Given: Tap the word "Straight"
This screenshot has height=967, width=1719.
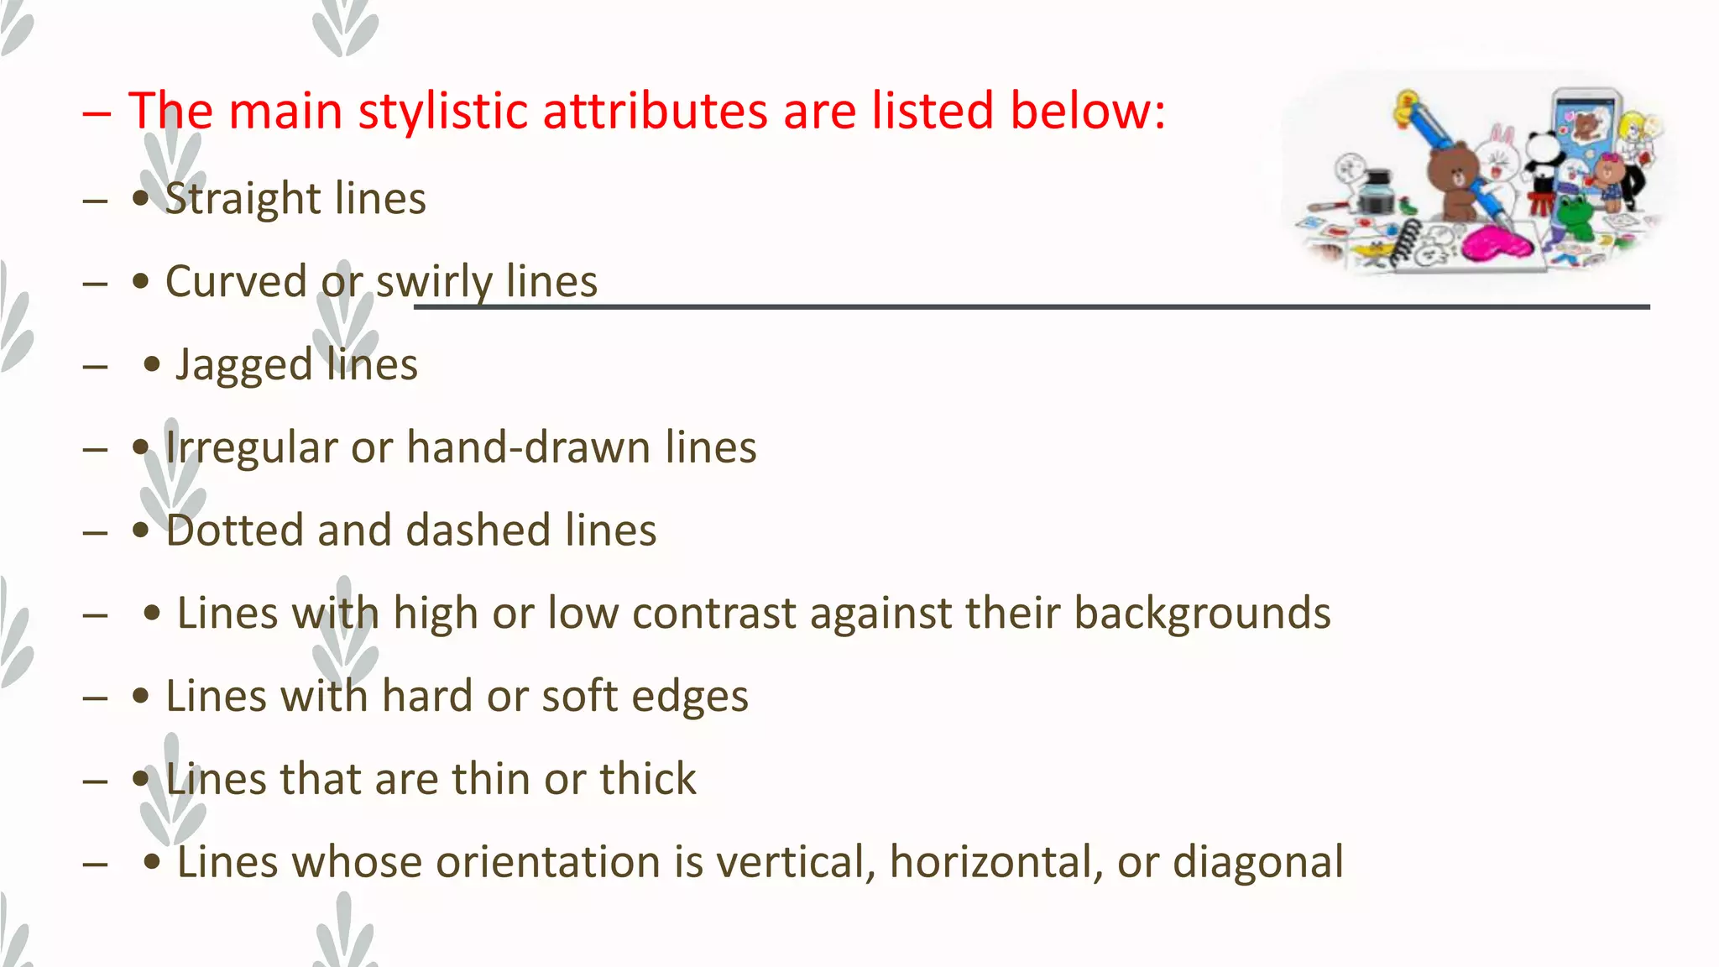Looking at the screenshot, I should click(243, 199).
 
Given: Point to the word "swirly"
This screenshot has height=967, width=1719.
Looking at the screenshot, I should click(433, 282).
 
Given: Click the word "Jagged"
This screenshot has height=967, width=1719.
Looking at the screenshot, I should click(244, 365).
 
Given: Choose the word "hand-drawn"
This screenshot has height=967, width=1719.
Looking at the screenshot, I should click(529, 447).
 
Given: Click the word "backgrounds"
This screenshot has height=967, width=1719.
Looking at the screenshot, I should click(1202, 613).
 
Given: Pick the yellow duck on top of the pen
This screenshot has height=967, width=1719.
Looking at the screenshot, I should click(1406, 107).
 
